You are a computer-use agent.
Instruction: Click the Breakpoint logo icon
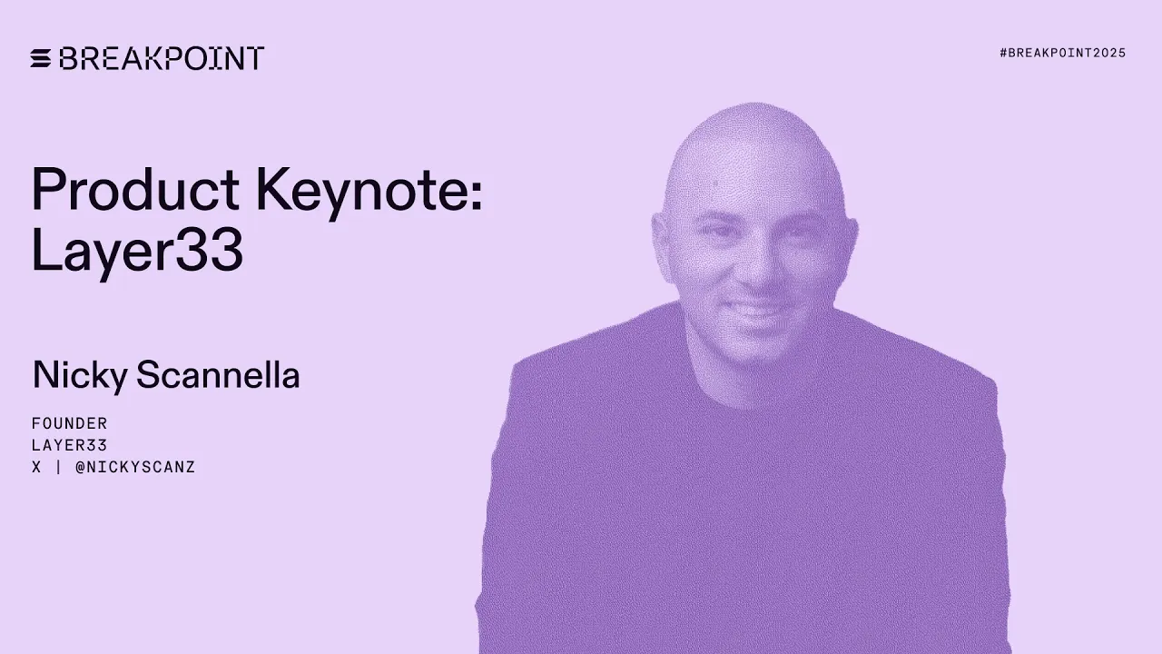coord(41,58)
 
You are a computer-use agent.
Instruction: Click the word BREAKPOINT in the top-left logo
coord(162,58)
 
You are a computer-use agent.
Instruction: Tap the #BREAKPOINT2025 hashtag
coord(1062,53)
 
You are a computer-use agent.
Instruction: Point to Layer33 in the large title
coord(137,250)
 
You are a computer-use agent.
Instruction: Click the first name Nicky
coord(80,375)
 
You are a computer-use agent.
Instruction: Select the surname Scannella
coord(218,374)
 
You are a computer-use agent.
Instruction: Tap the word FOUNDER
coord(70,423)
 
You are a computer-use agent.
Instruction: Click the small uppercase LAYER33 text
coord(70,445)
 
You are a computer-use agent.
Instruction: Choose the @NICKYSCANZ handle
coord(135,468)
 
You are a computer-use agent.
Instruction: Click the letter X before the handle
coord(36,468)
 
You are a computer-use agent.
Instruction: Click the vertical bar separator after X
coord(57,468)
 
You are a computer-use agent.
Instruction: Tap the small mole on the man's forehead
coord(717,187)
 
